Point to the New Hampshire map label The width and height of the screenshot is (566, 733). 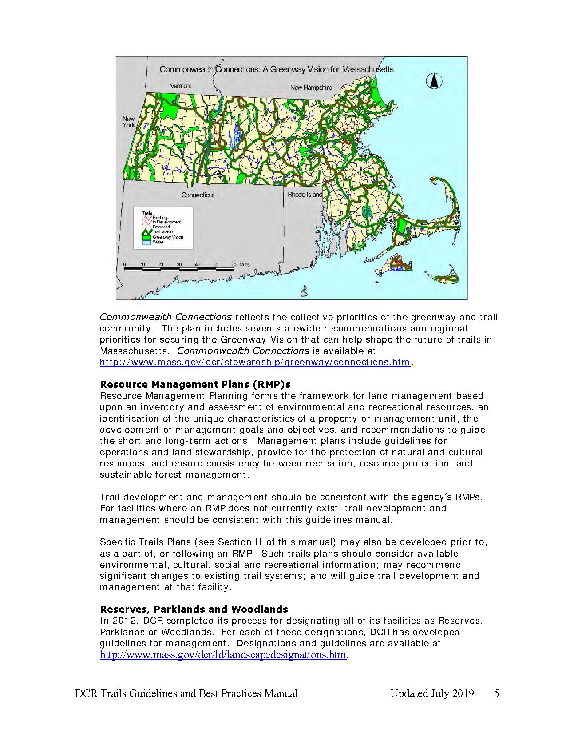coord(311,87)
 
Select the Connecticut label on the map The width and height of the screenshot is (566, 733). coord(198,195)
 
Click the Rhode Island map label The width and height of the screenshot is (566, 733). coord(305,195)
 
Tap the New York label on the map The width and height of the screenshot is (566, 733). coord(129,122)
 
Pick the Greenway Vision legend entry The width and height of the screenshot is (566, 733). coord(167,237)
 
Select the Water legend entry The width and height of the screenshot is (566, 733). coord(158,242)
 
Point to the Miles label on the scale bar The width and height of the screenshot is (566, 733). coord(245,264)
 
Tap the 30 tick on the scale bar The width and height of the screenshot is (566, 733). coord(179,264)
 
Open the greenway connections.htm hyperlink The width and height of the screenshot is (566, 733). coord(255,362)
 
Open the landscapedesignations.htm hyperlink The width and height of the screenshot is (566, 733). coord(223,655)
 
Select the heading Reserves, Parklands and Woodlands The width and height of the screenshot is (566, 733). coord(194,609)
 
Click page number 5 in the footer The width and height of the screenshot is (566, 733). coord(497,693)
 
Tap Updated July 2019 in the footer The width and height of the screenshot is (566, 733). coord(432,693)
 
